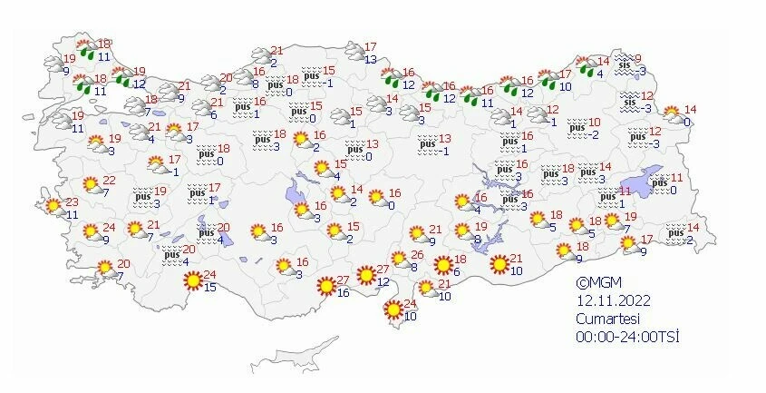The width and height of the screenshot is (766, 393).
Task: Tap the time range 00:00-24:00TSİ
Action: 627,336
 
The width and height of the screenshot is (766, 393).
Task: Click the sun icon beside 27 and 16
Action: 324,288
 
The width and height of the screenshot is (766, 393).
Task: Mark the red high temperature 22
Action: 108,181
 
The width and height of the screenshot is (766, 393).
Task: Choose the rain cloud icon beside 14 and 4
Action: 580,66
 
